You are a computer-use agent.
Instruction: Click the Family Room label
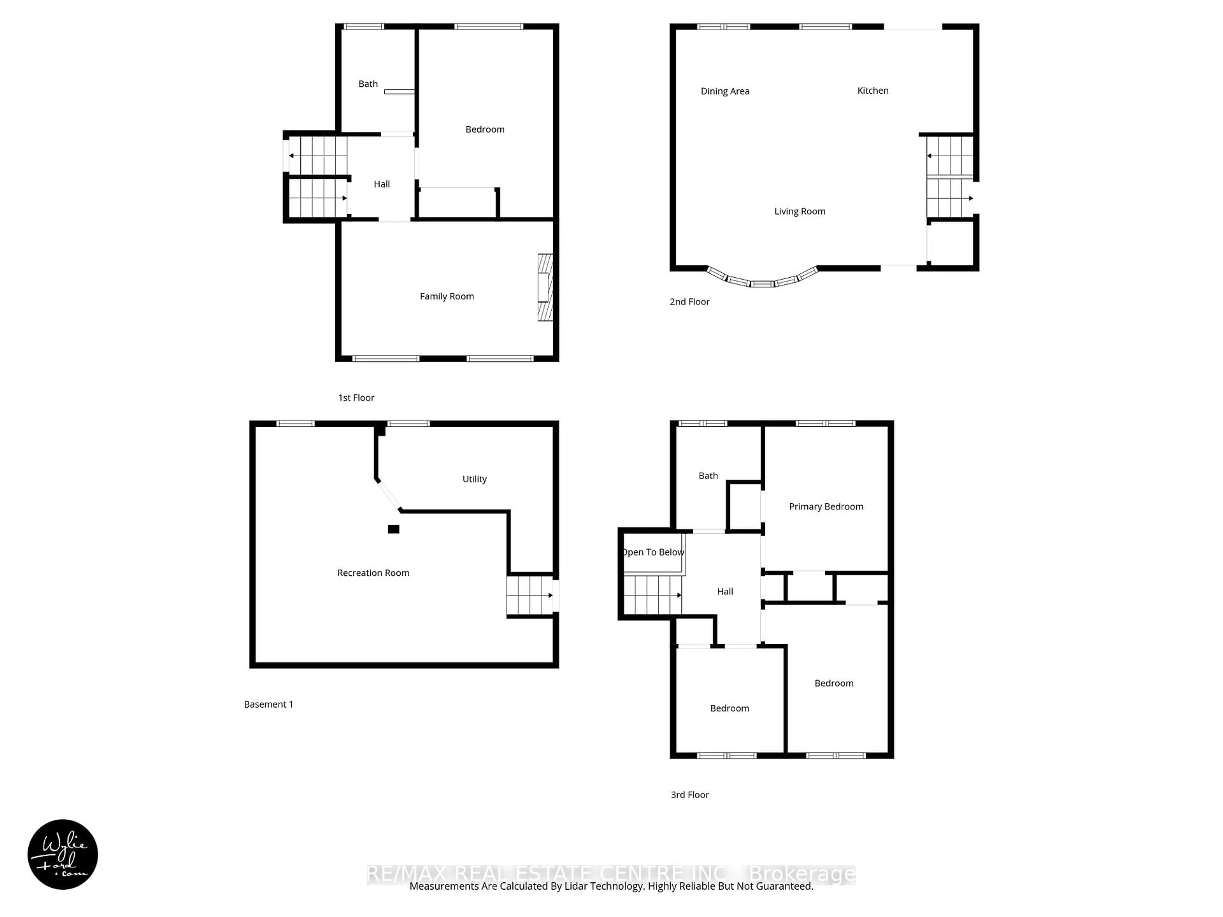point(447,296)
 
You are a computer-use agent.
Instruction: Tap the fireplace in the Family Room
point(545,288)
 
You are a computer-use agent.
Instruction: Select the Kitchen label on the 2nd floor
point(872,91)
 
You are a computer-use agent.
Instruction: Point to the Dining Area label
point(725,91)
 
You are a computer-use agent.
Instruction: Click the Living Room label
point(799,211)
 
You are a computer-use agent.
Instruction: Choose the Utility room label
point(474,479)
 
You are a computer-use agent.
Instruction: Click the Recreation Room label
point(373,572)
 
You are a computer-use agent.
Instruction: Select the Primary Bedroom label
point(826,506)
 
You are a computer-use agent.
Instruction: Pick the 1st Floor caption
point(356,397)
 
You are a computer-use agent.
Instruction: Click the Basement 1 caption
point(268,704)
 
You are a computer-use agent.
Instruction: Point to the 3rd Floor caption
point(690,795)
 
